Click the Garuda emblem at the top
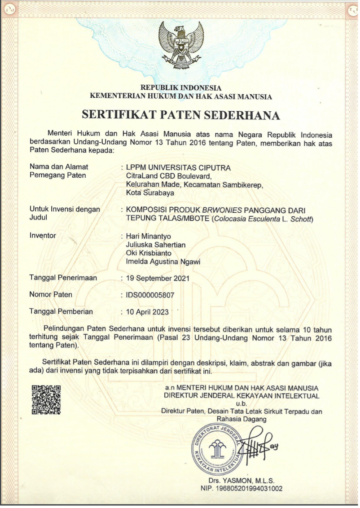tap(181, 46)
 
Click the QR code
tap(46, 399)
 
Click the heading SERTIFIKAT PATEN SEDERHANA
tap(181, 115)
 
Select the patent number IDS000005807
tap(150, 295)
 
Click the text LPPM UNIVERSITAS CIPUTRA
tap(179, 168)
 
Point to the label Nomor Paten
tap(51, 295)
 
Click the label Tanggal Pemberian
tap(61, 311)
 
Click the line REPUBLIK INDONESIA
tap(181, 88)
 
